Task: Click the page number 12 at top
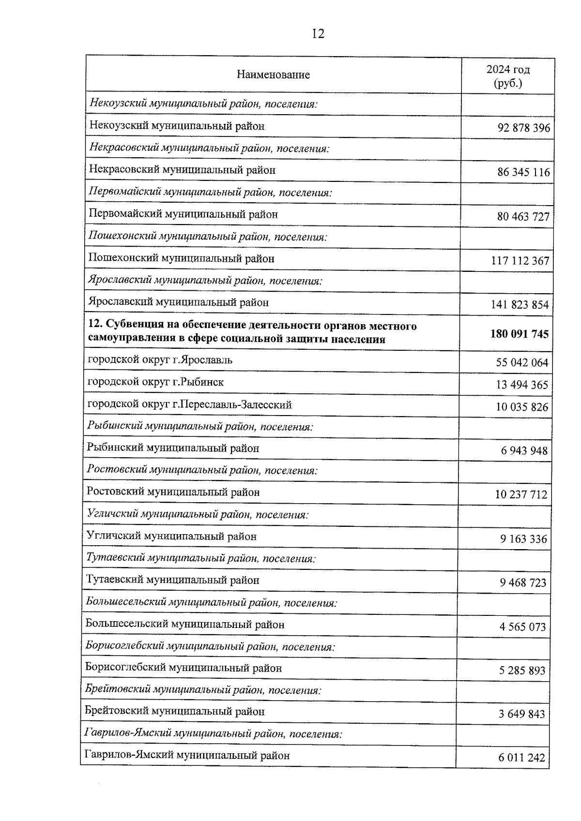pos(318,34)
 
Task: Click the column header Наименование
pos(273,75)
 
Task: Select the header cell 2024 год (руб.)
pos(508,76)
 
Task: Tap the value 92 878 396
pos(523,128)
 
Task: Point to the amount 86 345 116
pos(523,172)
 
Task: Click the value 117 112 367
pos(520,261)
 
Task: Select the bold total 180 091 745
pos(519,334)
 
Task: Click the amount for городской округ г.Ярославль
pos(522,362)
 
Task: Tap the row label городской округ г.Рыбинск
pos(155,382)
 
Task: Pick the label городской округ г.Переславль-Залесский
pos(189,404)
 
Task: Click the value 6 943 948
pos(524,451)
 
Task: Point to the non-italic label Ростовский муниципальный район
pos(173,492)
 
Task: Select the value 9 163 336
pos(523,539)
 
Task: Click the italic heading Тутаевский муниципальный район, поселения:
pos(201,558)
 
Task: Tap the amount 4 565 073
pos(522,627)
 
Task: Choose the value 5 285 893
pos(522,671)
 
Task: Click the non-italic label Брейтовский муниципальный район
pos(174,712)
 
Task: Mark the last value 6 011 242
pos(521,758)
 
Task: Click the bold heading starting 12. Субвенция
pos(252,332)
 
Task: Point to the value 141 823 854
pos(520,305)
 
